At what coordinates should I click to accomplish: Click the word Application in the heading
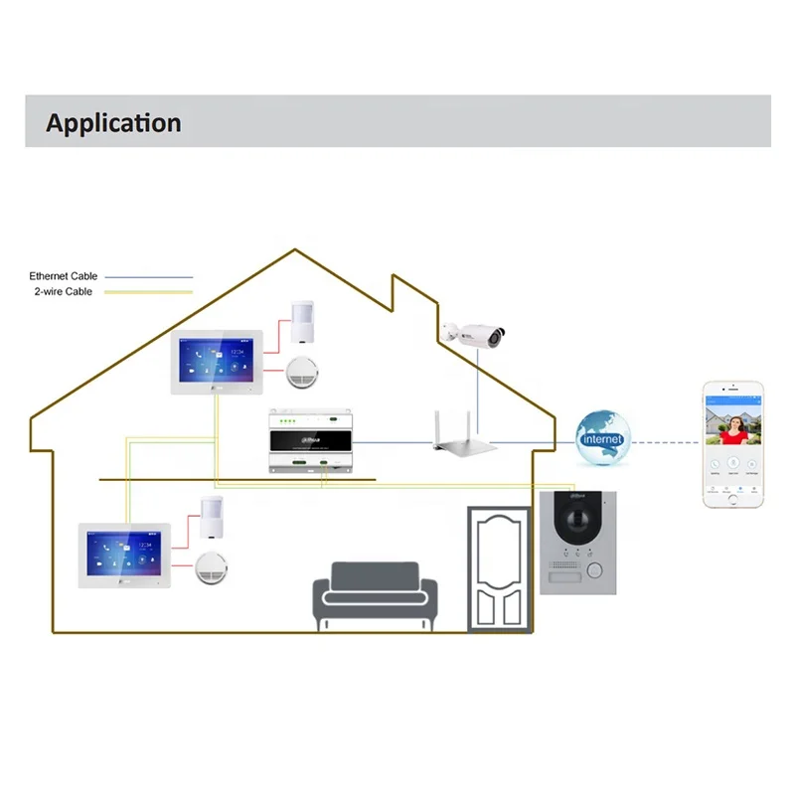tap(113, 123)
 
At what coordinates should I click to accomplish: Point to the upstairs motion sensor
tap(303, 320)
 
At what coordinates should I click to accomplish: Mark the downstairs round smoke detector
tap(210, 566)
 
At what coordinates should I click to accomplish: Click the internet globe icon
tap(601, 438)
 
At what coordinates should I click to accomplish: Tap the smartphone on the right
tap(732, 443)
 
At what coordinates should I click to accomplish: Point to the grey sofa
tap(375, 592)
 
